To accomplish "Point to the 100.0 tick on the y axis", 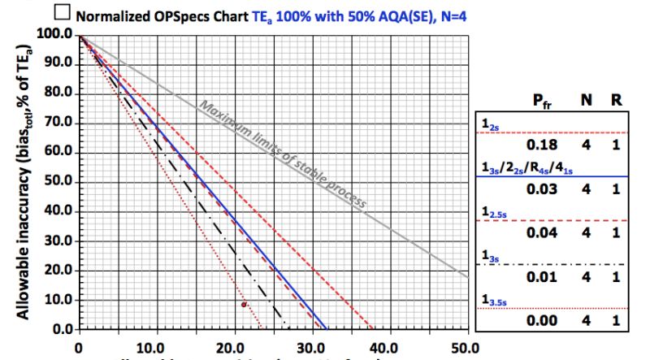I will [54, 35].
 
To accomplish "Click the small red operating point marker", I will [244, 304].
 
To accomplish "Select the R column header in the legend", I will [617, 102].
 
